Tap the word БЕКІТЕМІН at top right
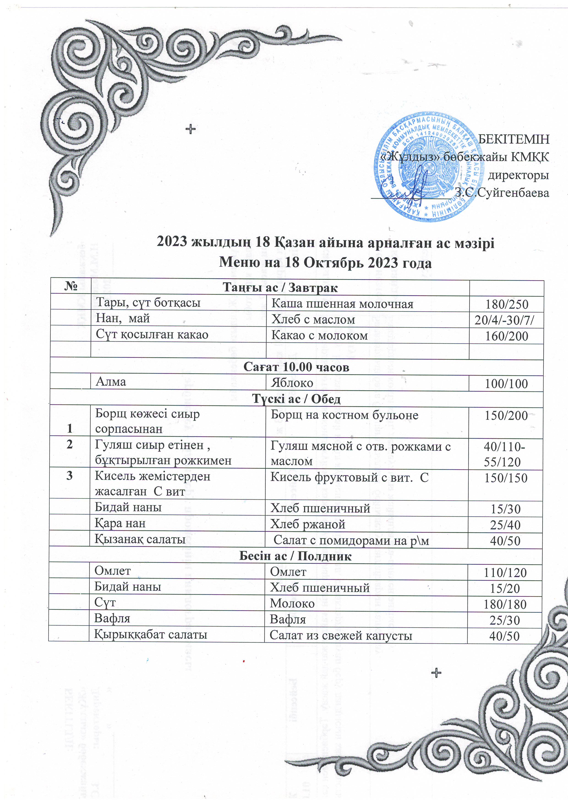tap(513, 139)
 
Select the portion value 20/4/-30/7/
tap(506, 320)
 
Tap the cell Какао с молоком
tap(319, 336)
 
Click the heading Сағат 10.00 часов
tap(296, 367)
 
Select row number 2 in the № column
tap(70, 445)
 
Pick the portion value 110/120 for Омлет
tap(505, 572)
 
